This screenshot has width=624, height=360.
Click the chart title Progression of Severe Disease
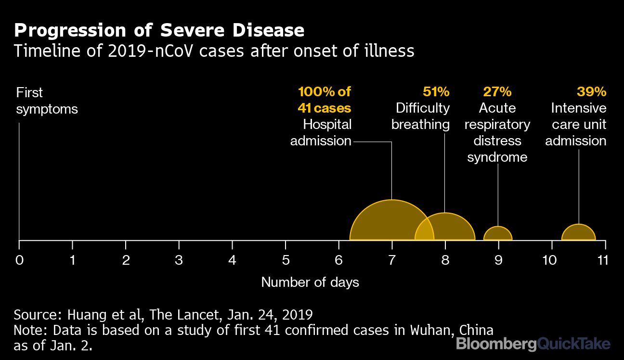(x=159, y=30)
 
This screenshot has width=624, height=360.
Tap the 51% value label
(x=436, y=91)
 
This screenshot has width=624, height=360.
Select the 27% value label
(x=497, y=91)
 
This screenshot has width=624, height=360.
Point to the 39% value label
(x=591, y=91)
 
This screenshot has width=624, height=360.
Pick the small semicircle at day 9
(x=498, y=234)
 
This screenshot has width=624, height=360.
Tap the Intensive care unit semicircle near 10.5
(x=578, y=233)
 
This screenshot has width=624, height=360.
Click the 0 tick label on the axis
(x=19, y=260)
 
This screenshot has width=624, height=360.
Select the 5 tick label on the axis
(x=286, y=260)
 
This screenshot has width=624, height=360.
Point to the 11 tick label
(x=602, y=260)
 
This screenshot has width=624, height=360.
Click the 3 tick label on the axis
(x=179, y=260)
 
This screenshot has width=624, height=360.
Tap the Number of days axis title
(x=310, y=282)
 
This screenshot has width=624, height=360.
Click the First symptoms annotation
(x=47, y=101)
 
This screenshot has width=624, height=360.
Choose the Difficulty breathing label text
(x=421, y=116)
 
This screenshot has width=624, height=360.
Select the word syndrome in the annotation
(x=497, y=157)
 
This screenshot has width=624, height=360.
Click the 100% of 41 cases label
(x=325, y=100)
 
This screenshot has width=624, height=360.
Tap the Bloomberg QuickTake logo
(x=533, y=344)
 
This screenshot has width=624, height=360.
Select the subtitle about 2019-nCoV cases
(x=214, y=51)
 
